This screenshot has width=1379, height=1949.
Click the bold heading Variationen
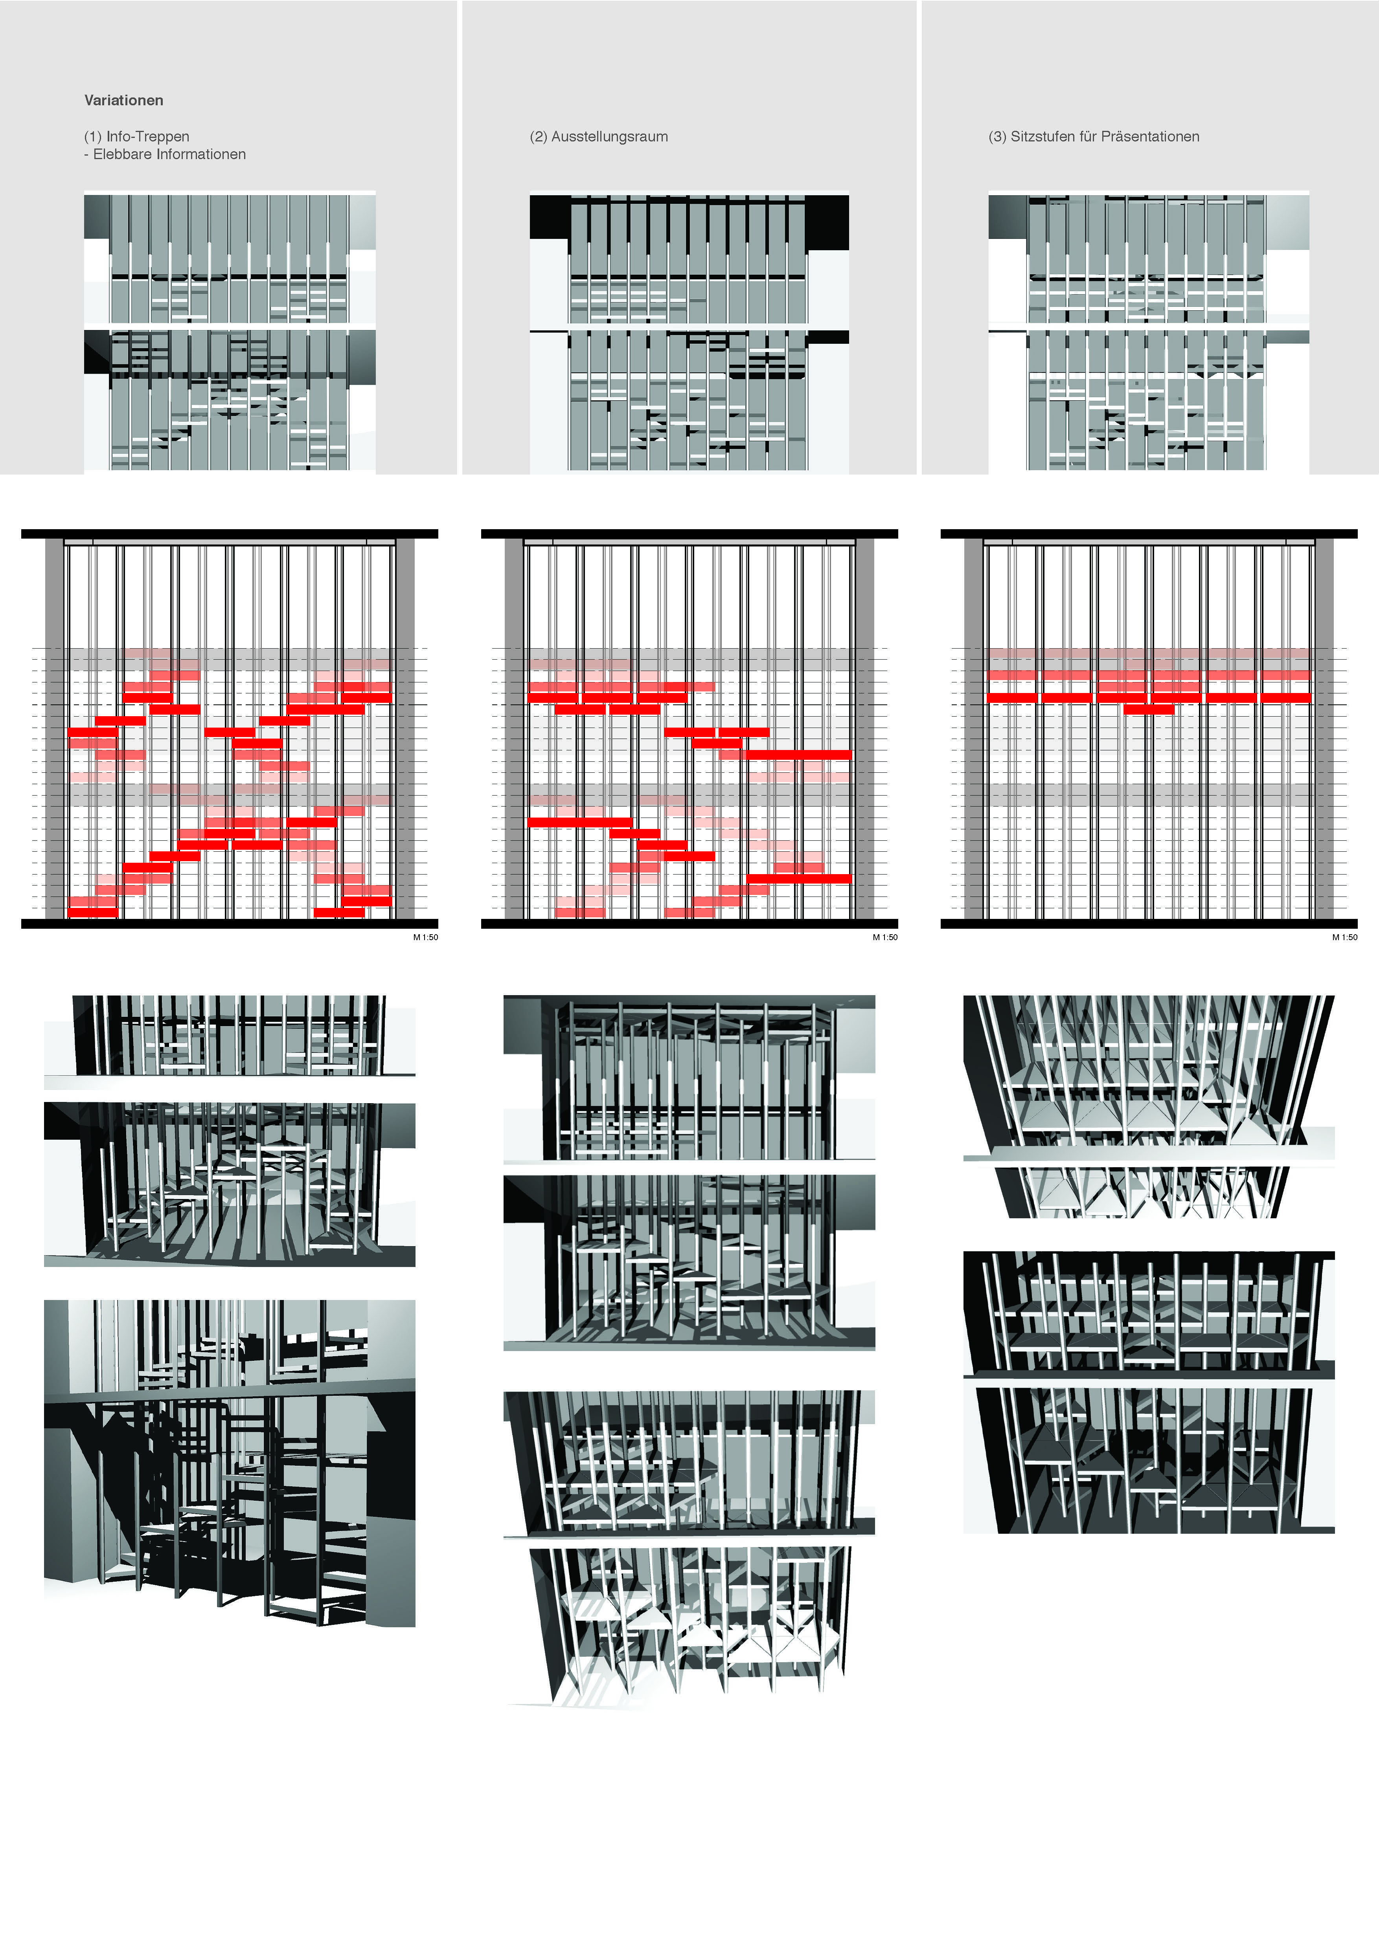tap(124, 100)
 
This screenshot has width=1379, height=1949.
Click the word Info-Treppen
tap(148, 137)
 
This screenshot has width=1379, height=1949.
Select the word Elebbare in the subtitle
tap(122, 154)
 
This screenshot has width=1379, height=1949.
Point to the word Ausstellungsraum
tap(610, 137)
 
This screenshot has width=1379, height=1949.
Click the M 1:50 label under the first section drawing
tap(425, 937)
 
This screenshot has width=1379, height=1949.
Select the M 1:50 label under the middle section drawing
tap(885, 937)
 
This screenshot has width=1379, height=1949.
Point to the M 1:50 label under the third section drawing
tap(1344, 937)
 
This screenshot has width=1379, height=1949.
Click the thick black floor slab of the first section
tap(229, 924)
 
